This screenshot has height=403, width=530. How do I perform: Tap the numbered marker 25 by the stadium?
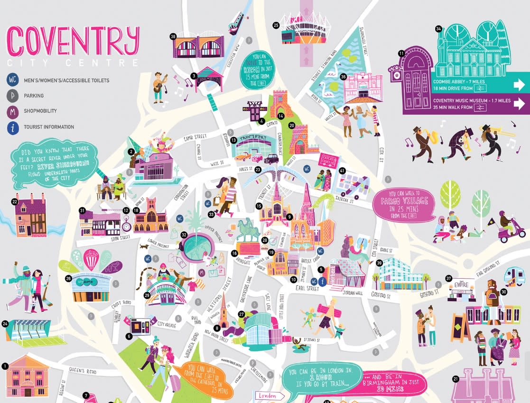point(276,26)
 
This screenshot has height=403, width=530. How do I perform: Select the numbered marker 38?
point(173,36)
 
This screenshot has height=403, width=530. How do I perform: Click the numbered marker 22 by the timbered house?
point(15,201)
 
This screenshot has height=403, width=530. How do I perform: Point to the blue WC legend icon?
point(12,80)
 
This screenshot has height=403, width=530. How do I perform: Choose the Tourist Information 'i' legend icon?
point(12,127)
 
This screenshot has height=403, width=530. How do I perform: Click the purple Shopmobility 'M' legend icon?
point(12,111)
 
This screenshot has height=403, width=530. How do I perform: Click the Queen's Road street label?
point(83,371)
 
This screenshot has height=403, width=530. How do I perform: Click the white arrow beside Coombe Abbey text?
point(517,85)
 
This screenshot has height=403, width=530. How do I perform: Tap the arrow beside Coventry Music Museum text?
point(517,104)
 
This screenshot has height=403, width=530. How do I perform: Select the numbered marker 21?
point(456,378)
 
